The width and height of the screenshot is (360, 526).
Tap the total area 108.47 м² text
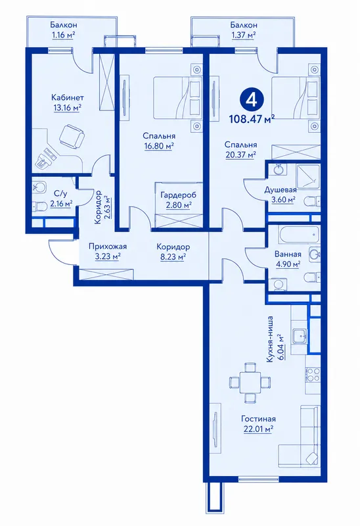pyautogui.click(x=252, y=119)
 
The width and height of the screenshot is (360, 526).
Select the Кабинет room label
pyautogui.click(x=68, y=97)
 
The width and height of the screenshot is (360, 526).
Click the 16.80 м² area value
pyautogui.click(x=159, y=146)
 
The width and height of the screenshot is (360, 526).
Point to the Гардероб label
pyautogui.click(x=178, y=195)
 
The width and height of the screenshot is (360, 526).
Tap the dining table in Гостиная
pyautogui.click(x=250, y=382)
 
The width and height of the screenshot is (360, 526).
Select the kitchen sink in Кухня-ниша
pyautogui.click(x=299, y=336)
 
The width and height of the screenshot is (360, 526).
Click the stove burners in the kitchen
pyautogui.click(x=313, y=375)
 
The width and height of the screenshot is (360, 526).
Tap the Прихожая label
pyautogui.click(x=108, y=247)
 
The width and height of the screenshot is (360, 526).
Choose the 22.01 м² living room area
pyautogui.click(x=258, y=429)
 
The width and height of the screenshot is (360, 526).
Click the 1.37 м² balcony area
pyautogui.click(x=244, y=35)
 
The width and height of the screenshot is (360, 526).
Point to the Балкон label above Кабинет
pyautogui.click(x=64, y=25)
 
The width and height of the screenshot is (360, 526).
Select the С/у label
pyautogui.click(x=60, y=193)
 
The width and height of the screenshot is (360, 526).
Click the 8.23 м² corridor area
pyautogui.click(x=173, y=257)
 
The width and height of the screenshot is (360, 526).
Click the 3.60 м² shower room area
pyautogui.click(x=283, y=200)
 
